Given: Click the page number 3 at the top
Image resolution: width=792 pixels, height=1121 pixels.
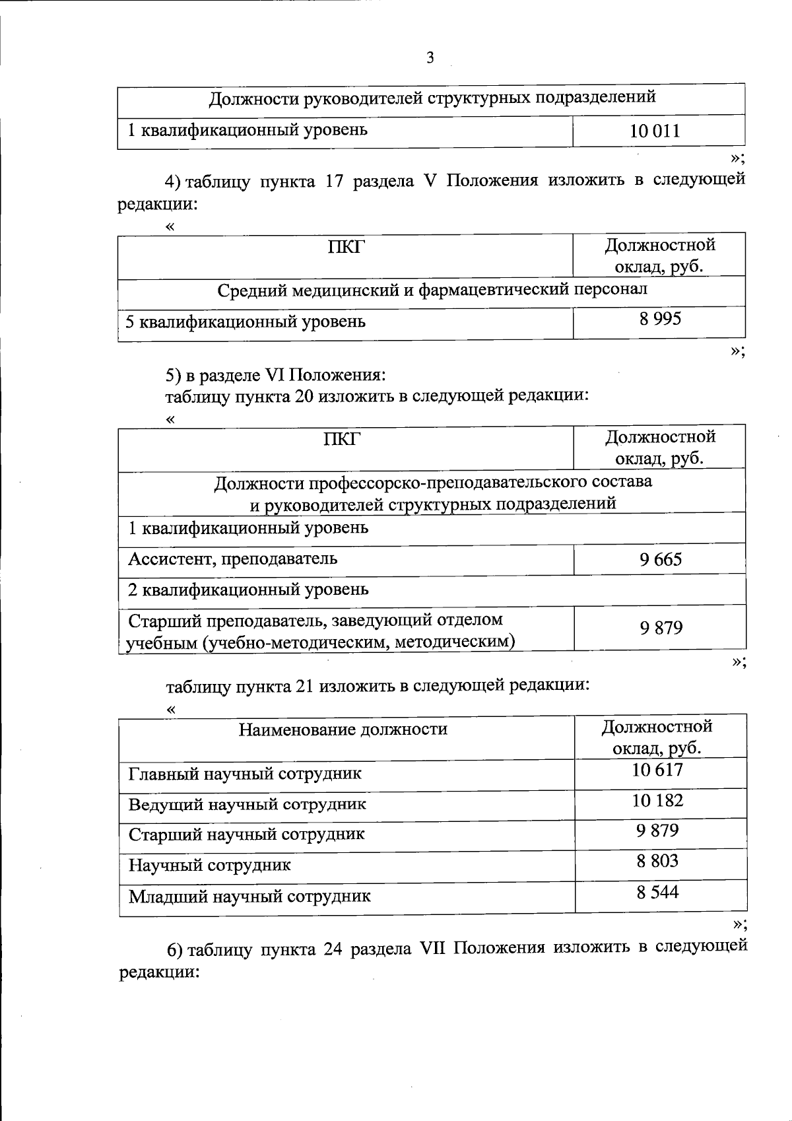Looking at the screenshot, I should (x=430, y=58).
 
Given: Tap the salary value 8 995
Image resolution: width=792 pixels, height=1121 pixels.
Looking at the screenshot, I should (x=659, y=320).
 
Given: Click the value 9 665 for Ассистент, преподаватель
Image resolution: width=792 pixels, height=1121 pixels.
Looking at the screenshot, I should (x=660, y=560).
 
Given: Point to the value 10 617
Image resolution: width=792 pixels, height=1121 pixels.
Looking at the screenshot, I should (x=657, y=770).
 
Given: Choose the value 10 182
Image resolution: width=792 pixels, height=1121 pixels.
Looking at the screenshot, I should (x=657, y=801).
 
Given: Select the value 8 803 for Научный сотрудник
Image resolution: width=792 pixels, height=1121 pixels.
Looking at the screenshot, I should (x=657, y=861).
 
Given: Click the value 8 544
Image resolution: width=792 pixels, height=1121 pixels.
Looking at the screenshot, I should (x=657, y=893).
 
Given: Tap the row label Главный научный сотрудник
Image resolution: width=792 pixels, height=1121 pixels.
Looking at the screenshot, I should (x=245, y=774).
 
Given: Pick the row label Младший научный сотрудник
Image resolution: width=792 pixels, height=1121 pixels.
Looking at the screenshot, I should (x=249, y=897).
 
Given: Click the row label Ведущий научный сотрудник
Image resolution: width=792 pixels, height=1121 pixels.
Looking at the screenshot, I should (x=247, y=805).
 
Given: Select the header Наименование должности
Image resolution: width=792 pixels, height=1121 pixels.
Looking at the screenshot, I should (x=343, y=730).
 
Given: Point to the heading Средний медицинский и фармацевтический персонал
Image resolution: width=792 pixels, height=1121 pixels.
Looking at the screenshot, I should (x=432, y=289).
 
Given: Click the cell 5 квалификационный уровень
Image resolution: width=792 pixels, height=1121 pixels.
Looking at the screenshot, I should (x=246, y=322).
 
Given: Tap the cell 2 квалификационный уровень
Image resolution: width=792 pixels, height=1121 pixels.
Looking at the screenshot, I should (x=248, y=589).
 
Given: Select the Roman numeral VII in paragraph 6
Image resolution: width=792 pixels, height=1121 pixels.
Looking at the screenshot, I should (x=433, y=948).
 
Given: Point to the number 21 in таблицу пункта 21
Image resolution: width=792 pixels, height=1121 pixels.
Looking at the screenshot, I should (x=304, y=685).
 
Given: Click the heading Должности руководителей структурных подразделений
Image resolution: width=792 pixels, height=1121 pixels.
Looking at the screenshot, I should (x=432, y=98).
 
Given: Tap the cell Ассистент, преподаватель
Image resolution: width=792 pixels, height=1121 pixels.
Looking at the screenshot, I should (x=232, y=559).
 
